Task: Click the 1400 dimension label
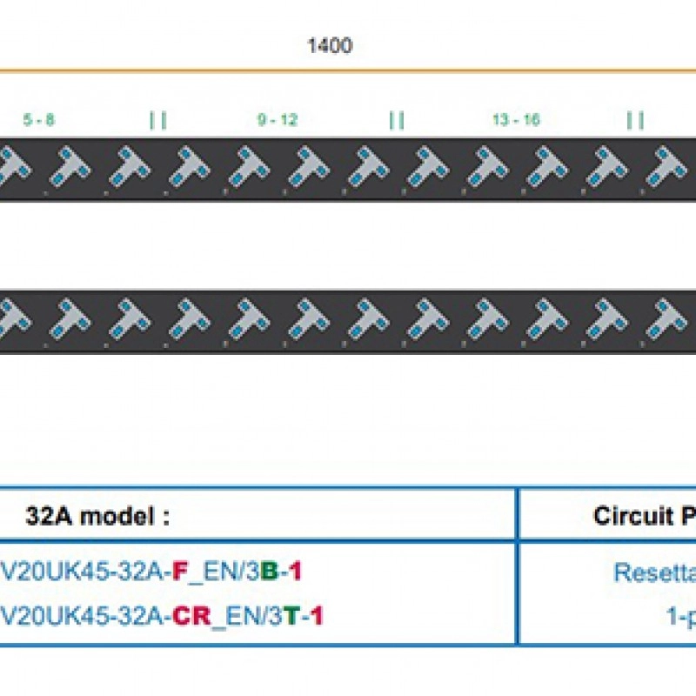pos(330,46)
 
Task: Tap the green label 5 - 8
pos(39,120)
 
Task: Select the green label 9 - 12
pos(278,120)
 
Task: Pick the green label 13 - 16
pos(516,120)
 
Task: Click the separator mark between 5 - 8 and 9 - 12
pos(157,120)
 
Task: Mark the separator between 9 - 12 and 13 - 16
pos(397,120)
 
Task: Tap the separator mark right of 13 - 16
pos(636,120)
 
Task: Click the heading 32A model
pos(97,517)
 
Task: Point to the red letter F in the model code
pos(180,572)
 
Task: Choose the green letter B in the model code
pos(270,572)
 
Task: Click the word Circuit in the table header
pos(627,516)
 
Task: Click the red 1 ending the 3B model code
pos(296,572)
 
